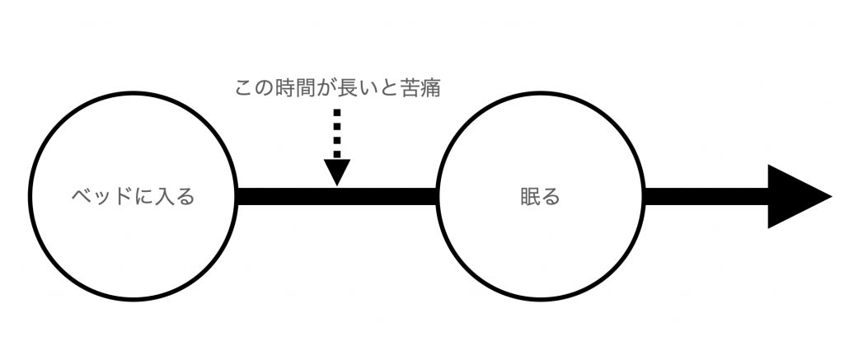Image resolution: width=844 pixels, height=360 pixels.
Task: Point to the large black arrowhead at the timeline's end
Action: tap(795, 196)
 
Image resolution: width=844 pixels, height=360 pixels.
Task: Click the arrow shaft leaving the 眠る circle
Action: tap(705, 196)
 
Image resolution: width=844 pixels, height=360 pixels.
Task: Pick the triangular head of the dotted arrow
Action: tap(337, 171)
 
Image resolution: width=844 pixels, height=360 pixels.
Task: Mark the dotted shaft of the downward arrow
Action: tap(337, 132)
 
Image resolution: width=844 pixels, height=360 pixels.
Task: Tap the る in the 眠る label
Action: tap(551, 197)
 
